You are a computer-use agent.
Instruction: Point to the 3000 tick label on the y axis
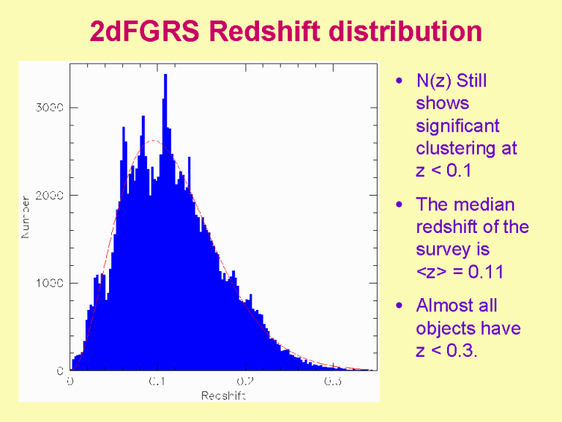[50, 108]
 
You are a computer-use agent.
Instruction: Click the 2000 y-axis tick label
[50, 196]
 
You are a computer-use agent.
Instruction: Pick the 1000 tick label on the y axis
[50, 283]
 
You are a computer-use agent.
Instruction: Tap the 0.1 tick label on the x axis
[157, 382]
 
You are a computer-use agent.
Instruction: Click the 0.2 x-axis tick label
[245, 382]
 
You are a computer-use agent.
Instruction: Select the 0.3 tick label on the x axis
[334, 382]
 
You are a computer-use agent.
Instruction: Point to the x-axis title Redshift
[223, 396]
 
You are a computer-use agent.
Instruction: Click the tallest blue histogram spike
[165, 77]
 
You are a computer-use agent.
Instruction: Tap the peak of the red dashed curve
[151, 141]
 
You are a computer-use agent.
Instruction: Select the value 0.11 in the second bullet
[485, 272]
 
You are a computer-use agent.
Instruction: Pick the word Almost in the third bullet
[446, 306]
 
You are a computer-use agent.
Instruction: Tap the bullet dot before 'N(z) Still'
[398, 81]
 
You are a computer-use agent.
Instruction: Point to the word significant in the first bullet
[457, 126]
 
